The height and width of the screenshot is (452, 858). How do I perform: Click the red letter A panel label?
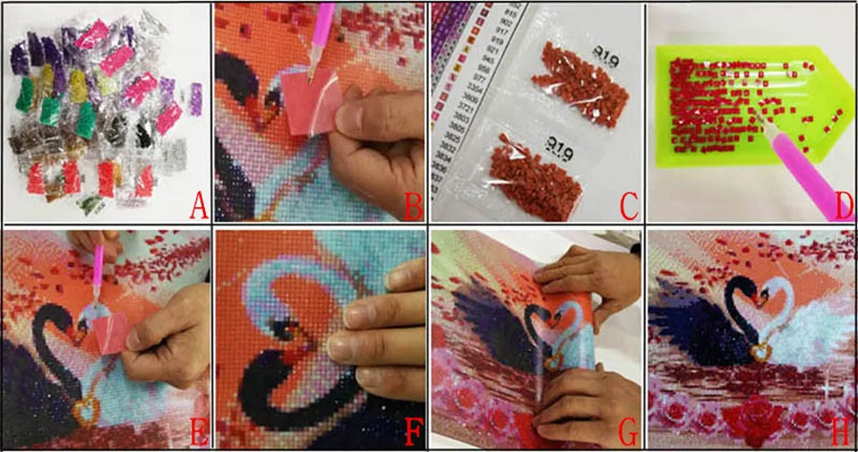pyautogui.click(x=197, y=204)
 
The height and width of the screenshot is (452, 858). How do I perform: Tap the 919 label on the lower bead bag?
pyautogui.click(x=552, y=143)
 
